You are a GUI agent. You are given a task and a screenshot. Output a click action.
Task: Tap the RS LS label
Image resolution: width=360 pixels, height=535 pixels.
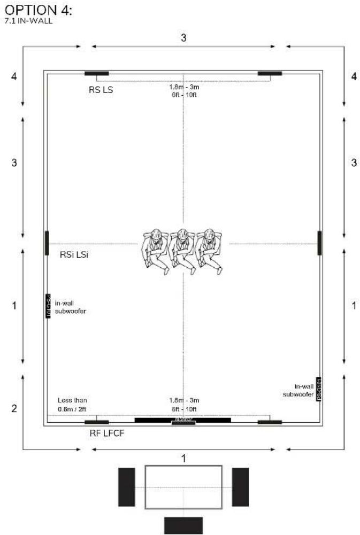(x=101, y=90)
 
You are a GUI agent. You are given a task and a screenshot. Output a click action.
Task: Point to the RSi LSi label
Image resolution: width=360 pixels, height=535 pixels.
(x=74, y=255)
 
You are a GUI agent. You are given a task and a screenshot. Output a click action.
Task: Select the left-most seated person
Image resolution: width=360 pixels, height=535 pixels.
(x=156, y=250)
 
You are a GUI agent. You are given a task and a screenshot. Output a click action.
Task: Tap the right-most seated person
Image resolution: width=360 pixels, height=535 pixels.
(x=209, y=250)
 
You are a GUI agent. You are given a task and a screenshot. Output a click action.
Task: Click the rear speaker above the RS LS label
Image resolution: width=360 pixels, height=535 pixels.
(x=97, y=73)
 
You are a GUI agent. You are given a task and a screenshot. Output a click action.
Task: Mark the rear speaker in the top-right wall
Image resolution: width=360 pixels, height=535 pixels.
(x=270, y=73)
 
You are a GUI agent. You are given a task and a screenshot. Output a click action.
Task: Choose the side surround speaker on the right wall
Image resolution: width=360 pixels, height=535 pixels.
(x=319, y=243)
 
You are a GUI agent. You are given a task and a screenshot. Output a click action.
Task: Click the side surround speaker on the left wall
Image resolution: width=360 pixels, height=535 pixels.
(x=47, y=243)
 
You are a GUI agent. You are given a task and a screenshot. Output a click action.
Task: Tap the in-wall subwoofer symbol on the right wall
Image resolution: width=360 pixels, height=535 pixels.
(x=319, y=389)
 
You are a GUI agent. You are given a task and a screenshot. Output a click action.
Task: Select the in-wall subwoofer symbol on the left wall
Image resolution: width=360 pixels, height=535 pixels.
(x=48, y=306)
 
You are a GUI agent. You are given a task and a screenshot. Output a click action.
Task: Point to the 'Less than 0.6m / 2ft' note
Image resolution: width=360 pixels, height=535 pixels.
(x=72, y=405)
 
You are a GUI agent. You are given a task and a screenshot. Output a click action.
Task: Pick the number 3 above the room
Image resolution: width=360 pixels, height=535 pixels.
(x=183, y=38)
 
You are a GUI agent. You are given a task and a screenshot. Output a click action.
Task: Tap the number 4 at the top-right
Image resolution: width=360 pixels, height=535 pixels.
(x=354, y=76)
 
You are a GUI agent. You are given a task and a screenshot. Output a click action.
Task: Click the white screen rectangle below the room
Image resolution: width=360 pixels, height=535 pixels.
(x=183, y=487)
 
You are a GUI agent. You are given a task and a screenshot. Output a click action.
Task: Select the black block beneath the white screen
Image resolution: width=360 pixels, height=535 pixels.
(x=183, y=525)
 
